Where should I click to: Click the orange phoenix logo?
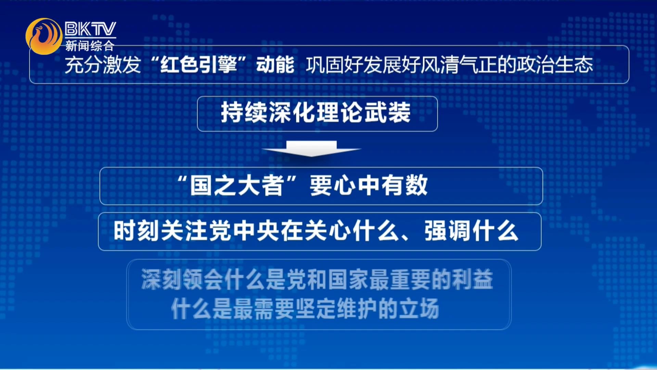pos(43,36)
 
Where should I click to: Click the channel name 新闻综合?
pos(90,46)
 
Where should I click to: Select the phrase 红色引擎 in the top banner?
pos(198,64)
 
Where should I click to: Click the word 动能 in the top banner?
pos(275,64)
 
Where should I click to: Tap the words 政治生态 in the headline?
pos(555,64)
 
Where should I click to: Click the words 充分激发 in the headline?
pos(103,64)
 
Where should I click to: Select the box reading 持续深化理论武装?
pos(317,114)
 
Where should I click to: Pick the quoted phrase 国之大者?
pos(237,186)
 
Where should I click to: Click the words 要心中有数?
pos(369,186)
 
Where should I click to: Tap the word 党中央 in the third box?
pos(245,231)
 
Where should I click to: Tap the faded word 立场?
pos(418,309)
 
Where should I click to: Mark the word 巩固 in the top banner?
pos(325,64)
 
